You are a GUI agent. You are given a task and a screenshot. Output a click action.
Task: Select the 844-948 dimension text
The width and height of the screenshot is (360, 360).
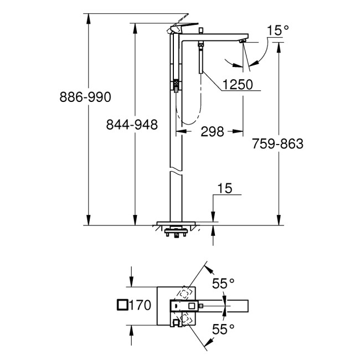132,125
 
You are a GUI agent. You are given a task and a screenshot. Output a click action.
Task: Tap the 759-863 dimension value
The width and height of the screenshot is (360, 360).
277,144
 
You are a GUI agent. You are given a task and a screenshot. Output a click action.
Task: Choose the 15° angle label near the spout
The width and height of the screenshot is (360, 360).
275,30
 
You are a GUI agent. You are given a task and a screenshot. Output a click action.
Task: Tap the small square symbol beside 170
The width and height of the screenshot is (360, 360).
122,304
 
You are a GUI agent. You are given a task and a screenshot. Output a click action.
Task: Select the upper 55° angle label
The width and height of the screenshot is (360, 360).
223,284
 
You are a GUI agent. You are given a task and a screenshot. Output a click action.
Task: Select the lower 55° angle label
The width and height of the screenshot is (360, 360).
223,328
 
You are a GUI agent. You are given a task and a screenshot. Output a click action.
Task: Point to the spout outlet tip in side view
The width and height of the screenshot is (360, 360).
242,40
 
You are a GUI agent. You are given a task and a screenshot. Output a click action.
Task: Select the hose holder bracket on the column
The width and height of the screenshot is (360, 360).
176,85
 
